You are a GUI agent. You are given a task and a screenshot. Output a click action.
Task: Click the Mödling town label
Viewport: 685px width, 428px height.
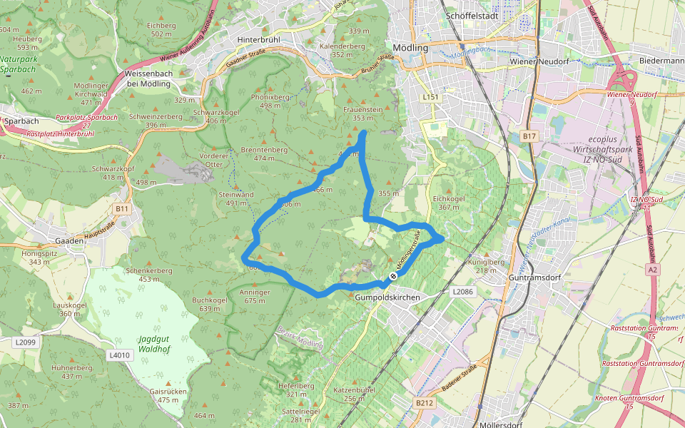[410, 48]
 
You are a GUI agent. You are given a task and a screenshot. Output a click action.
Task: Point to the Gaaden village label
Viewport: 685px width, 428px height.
[64, 241]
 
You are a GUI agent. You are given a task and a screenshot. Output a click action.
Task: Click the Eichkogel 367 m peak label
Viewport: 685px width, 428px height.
[449, 203]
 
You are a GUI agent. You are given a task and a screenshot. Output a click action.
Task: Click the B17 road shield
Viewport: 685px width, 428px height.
[529, 136]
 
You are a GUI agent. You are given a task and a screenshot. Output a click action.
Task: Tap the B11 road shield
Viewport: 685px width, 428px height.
[122, 209]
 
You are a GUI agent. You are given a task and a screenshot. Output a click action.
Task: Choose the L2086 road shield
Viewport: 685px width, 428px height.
[462, 292]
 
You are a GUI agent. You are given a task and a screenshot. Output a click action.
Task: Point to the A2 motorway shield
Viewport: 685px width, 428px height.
[653, 270]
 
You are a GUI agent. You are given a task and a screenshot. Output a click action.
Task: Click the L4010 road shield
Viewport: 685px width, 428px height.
[120, 355]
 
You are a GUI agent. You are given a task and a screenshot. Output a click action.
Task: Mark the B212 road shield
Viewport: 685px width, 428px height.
[425, 403]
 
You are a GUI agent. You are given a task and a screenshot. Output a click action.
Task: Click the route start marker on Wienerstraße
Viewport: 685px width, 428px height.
[393, 276]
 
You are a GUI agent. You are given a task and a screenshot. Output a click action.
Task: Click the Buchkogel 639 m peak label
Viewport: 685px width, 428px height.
[210, 305]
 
